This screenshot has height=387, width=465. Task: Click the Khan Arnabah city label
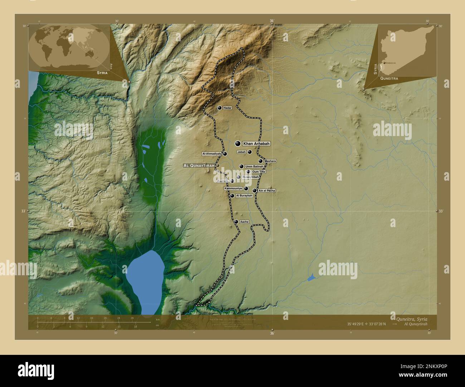click(x=256, y=144)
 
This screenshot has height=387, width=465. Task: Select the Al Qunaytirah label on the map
click(x=199, y=166)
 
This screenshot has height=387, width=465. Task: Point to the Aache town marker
click(x=236, y=222)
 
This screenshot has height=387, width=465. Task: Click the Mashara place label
click(x=270, y=161)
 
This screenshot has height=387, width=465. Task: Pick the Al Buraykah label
click(x=244, y=196)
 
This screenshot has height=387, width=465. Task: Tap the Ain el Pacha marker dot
click(x=255, y=191)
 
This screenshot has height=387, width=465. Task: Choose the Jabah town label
click(x=241, y=152)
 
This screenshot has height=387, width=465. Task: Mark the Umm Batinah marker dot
click(x=241, y=166)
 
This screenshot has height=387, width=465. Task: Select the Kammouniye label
click(x=233, y=188)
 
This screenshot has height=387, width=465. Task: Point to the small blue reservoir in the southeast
click(x=311, y=277)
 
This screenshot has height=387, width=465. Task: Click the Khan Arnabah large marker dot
click(x=238, y=144)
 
